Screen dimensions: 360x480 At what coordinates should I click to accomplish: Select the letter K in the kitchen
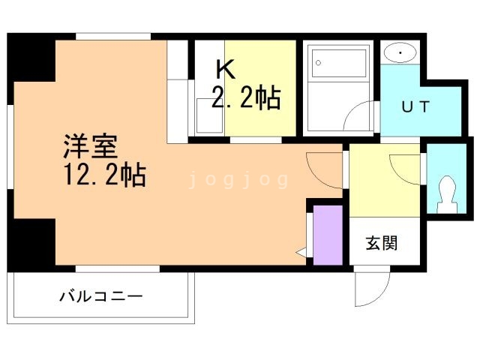click(225, 69)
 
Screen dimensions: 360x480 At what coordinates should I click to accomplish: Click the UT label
click(415, 106)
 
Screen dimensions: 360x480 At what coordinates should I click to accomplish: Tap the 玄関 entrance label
click(382, 243)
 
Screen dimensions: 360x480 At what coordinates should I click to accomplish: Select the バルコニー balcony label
click(100, 296)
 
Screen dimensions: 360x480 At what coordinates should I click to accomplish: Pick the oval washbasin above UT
click(401, 52)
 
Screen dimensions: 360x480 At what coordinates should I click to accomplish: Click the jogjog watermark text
click(238, 180)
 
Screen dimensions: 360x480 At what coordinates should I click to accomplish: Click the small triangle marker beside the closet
click(301, 253)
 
